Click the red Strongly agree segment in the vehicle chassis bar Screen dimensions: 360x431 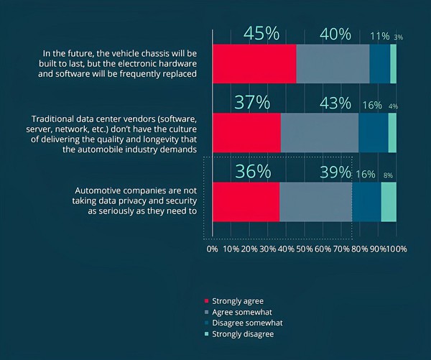pyautogui.click(x=254, y=63)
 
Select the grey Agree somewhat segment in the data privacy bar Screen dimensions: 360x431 pyautogui.click(x=315, y=201)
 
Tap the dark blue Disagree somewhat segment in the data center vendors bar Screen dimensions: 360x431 pyautogui.click(x=373, y=132)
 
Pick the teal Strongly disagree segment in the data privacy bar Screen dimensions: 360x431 pyautogui.click(x=388, y=201)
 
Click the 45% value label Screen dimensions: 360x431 pyautogui.click(x=261, y=34)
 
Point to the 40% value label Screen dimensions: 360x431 pyautogui.click(x=334, y=34)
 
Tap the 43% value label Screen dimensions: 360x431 pyautogui.click(x=335, y=103)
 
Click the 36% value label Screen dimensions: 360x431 pyautogui.click(x=253, y=172)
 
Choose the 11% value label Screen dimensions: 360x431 pyautogui.click(x=379, y=36)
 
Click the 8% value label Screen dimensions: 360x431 pyautogui.click(x=388, y=175)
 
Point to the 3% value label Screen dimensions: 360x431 pyautogui.click(x=398, y=37)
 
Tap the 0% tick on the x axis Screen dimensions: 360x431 pyautogui.click(x=213, y=249)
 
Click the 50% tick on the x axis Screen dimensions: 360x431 pyautogui.click(x=305, y=249)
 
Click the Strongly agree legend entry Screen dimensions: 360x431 pyautogui.click(x=238, y=300)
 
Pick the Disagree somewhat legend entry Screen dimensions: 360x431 pyautogui.click(x=244, y=323)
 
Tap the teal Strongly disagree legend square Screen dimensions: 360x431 pyautogui.click(x=208, y=334)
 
